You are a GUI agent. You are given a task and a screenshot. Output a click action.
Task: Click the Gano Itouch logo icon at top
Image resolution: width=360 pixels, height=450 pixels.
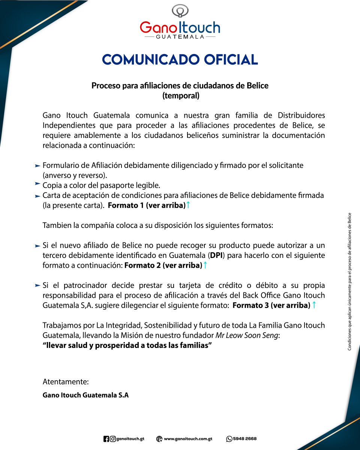180,11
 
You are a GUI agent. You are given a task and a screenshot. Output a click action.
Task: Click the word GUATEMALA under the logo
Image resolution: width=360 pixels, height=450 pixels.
180,37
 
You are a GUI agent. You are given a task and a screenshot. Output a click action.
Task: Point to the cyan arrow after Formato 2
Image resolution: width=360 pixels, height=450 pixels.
205,265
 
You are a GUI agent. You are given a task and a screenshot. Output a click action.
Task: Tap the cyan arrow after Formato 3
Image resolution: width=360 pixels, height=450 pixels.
314,305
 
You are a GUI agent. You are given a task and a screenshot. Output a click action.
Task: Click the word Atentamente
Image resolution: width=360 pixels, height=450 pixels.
66,382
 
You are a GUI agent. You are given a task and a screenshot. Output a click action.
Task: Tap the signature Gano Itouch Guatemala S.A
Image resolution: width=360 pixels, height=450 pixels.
85,395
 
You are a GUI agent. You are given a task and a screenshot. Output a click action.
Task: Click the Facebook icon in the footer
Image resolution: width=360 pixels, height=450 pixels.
106,439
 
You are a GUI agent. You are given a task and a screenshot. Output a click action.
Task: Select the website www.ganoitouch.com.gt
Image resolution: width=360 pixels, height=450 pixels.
188,439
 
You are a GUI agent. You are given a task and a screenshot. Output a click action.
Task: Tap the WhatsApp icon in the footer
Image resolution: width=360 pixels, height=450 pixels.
229,439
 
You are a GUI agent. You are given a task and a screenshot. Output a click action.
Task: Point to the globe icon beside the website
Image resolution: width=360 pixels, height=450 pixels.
159,439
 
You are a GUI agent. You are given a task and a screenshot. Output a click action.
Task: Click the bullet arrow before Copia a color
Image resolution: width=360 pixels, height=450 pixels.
37,183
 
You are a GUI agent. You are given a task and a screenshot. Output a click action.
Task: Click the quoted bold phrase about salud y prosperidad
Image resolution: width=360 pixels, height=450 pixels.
127,345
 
